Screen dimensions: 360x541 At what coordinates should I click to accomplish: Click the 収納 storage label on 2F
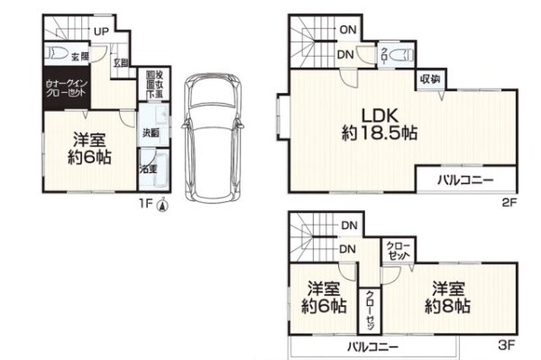428,79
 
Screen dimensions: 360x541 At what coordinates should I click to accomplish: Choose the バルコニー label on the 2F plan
465,180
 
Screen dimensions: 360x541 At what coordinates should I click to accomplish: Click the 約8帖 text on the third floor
447,305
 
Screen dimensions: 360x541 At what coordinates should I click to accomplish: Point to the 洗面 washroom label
151,134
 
